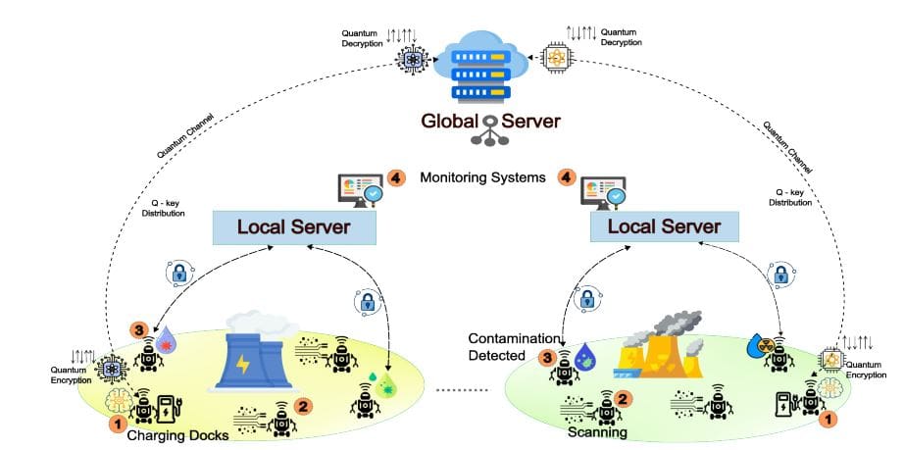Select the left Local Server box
click(295, 227)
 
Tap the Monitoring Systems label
click(480, 177)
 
